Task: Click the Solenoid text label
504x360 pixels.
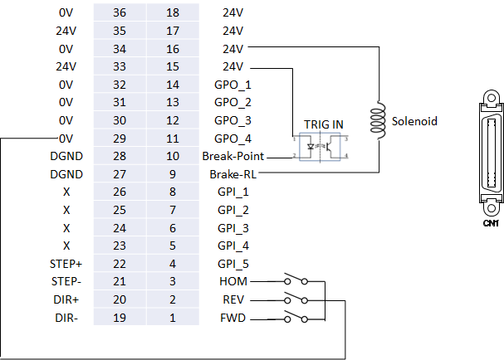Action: [x=414, y=121]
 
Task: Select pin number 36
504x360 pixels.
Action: [x=120, y=12]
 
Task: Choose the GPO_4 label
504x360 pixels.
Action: [x=232, y=139]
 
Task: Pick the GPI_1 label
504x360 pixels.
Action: [x=232, y=192]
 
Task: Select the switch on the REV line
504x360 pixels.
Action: [x=295, y=300]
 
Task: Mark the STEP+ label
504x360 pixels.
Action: [x=66, y=265]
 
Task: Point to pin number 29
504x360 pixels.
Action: [x=120, y=139]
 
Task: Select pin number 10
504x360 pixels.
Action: [x=174, y=156]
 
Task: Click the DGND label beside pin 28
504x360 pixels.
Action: [x=66, y=156]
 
